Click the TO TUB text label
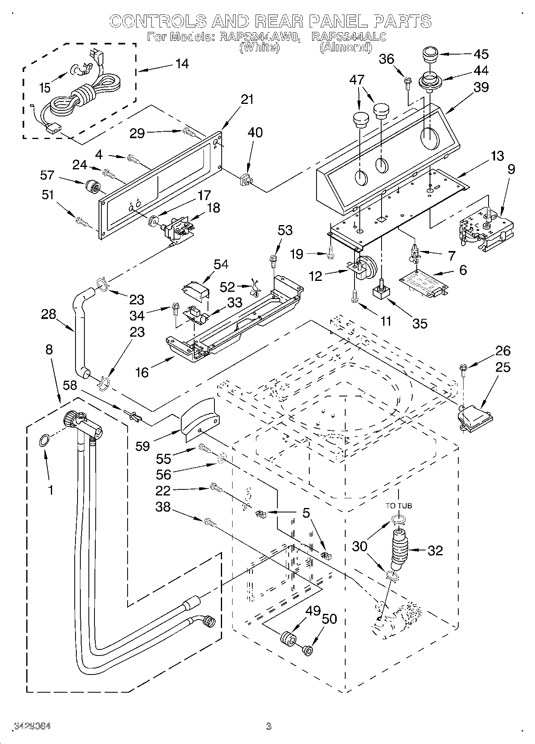pos(399,506)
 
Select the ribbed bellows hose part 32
pos(400,549)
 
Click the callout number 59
pos(143,446)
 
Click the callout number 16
pos(142,372)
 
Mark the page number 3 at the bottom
pos(268,726)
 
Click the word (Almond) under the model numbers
pos(346,47)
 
